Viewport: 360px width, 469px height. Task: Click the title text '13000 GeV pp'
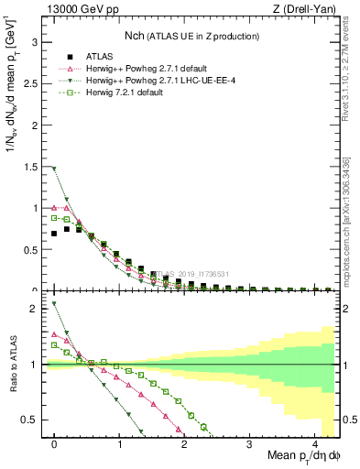click(x=74, y=10)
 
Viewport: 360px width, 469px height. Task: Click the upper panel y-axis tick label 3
click(x=35, y=42)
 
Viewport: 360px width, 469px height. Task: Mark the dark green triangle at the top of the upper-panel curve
click(x=55, y=169)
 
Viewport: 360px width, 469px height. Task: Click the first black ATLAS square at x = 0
click(x=55, y=234)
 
